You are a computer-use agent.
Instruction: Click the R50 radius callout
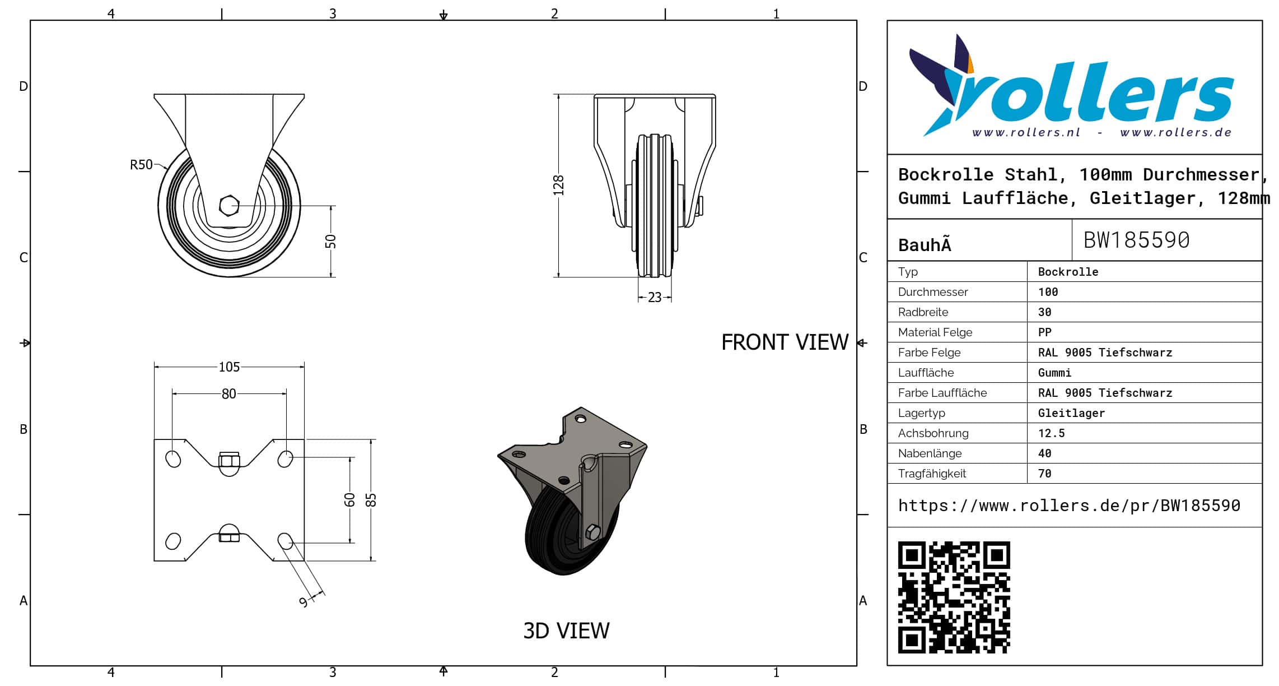[x=141, y=165]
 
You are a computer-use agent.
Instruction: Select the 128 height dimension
[x=558, y=186]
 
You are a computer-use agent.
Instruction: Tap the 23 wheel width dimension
[x=655, y=298]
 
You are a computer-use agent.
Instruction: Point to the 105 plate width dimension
[x=229, y=367]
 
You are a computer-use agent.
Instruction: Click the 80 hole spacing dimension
[x=228, y=394]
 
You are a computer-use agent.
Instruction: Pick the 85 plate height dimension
[x=371, y=500]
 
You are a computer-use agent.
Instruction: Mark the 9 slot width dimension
[x=304, y=602]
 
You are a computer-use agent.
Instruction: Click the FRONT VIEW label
[x=785, y=342]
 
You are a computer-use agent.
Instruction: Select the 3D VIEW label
[x=566, y=631]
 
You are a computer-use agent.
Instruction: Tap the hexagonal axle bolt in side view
[x=229, y=206]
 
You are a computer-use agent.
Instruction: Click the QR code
[x=954, y=597]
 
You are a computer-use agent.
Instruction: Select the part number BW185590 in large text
[x=1136, y=240]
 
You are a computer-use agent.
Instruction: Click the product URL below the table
[x=1069, y=506]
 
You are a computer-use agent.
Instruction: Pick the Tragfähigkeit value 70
[x=1044, y=474]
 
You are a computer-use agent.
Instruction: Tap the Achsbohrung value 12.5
[x=1051, y=433]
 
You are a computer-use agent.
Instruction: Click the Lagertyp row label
[x=921, y=413]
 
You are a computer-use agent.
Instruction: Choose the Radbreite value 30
[x=1044, y=312]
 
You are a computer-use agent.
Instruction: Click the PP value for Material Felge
[x=1044, y=332]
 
